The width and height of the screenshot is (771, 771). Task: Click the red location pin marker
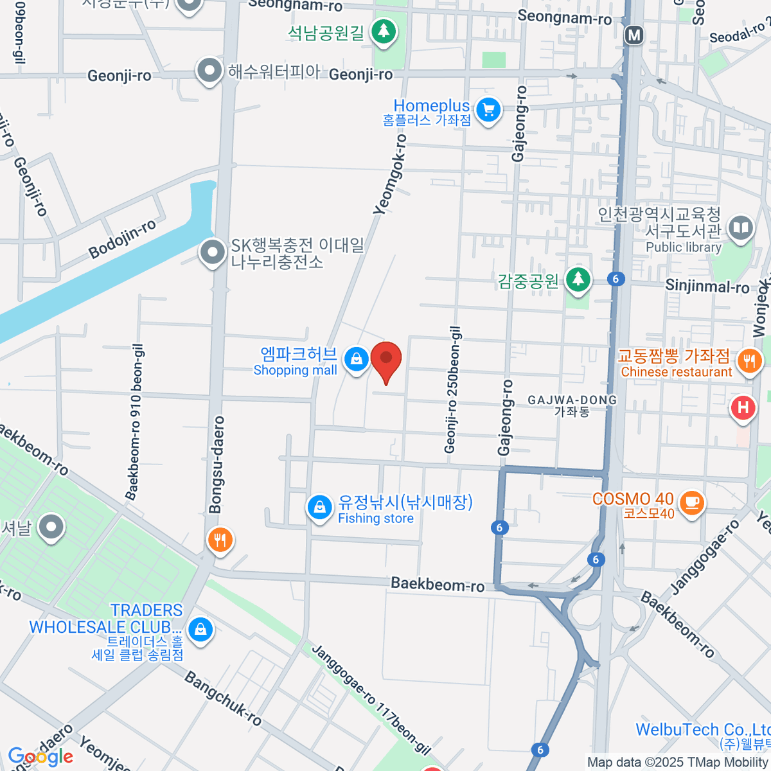coord(386,360)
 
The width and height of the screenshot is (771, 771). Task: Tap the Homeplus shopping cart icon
coord(488,111)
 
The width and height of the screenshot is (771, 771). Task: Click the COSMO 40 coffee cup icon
coord(691,501)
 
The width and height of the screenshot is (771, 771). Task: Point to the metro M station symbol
coord(634,35)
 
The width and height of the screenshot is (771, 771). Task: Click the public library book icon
coord(741,228)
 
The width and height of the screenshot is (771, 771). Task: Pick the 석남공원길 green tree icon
coord(384,31)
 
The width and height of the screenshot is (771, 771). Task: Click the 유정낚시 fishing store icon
coord(319,508)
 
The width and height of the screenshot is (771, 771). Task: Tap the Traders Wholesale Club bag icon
coord(200,630)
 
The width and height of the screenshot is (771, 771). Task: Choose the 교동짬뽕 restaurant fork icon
coord(749,361)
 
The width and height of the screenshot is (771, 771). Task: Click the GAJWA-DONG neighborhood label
coord(572,405)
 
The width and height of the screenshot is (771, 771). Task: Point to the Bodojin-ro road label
coord(122,238)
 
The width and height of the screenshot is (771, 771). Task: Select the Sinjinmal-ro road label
coord(707,287)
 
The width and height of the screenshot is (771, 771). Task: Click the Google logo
coord(40,757)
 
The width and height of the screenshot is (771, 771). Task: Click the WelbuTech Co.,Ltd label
coord(702,730)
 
